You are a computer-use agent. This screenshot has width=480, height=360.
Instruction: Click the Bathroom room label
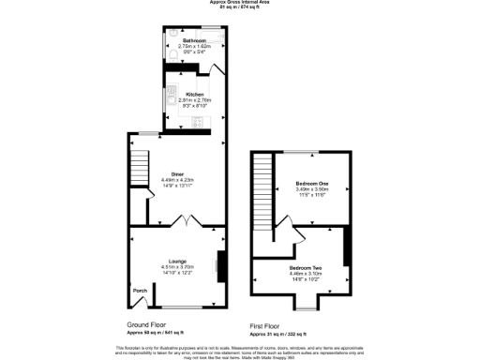coord(194,42)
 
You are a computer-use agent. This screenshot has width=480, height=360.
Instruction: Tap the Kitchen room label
coord(194,95)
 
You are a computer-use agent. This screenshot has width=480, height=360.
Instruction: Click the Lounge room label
coord(177,261)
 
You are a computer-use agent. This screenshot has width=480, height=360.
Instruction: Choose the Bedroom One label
coord(310,183)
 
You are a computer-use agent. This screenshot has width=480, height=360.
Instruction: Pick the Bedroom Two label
coord(305,268)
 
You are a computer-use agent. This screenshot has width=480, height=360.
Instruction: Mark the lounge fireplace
coord(221,265)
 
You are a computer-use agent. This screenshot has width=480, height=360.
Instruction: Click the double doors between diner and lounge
coord(187,222)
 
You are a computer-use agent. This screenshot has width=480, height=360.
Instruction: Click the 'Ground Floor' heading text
coord(147,325)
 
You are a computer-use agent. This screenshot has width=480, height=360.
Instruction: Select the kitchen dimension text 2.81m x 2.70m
coord(194,101)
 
